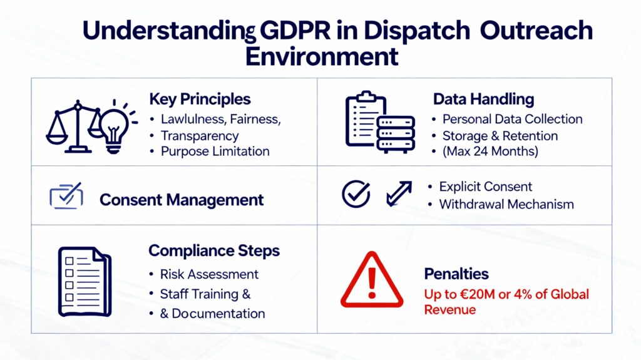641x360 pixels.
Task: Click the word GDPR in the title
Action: click(295, 31)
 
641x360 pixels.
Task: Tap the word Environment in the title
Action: click(322, 56)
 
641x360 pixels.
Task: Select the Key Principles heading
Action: click(200, 100)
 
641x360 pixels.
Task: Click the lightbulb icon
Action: click(116, 126)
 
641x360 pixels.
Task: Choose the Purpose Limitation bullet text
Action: click(215, 152)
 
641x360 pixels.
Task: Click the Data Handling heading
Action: click(484, 99)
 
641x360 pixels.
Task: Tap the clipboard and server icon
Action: click(380, 122)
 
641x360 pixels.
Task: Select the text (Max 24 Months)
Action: click(490, 152)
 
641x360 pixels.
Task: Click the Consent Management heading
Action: click(182, 200)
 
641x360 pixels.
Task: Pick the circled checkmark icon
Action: click(356, 194)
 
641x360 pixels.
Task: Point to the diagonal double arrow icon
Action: click(399, 193)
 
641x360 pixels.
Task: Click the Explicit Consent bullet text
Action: click(486, 187)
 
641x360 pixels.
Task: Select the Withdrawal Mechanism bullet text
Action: click(506, 204)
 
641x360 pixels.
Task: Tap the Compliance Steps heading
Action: click(214, 251)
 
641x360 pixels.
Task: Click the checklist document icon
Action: click(85, 282)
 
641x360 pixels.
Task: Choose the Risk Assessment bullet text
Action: click(209, 274)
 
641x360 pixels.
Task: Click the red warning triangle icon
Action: click(372, 280)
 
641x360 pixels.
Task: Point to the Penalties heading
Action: click(456, 274)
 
